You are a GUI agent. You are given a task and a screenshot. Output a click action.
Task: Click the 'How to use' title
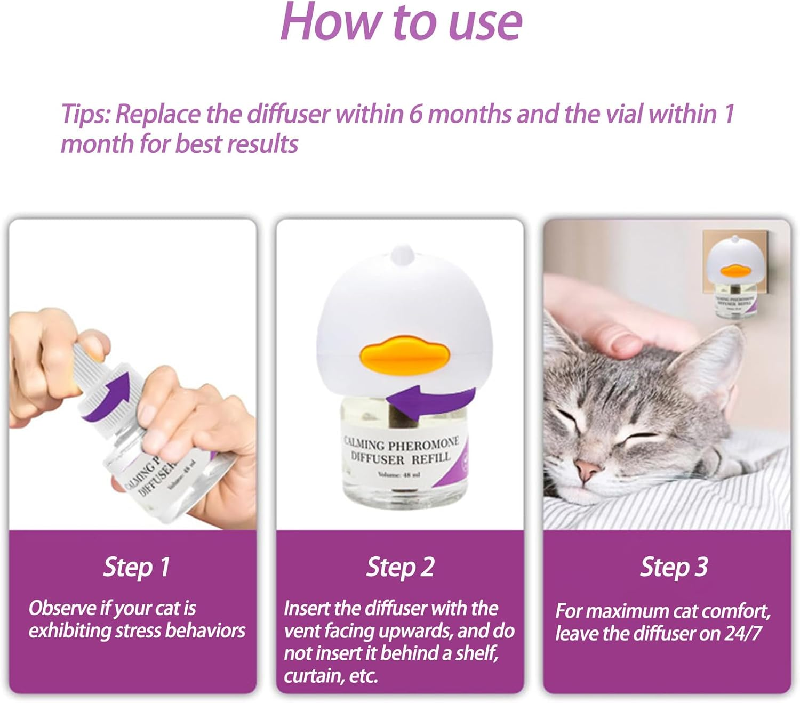(x=401, y=22)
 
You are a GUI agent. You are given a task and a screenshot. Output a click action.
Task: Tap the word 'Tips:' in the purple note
(x=85, y=114)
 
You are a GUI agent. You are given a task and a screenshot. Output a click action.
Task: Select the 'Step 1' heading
(x=137, y=567)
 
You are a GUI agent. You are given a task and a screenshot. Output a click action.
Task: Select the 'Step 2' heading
(x=400, y=567)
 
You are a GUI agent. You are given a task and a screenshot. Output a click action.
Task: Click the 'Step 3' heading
(x=674, y=567)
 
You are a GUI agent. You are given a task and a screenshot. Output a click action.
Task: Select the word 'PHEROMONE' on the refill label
(x=423, y=443)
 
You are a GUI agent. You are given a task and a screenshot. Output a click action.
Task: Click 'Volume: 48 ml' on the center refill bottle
(x=398, y=474)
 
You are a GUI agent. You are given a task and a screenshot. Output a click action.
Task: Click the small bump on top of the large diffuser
(x=403, y=254)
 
